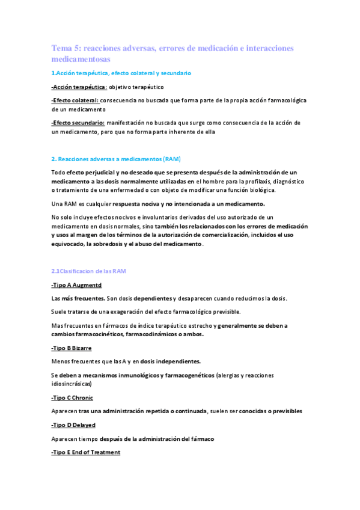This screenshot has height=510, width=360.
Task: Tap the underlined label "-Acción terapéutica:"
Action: click(x=75, y=87)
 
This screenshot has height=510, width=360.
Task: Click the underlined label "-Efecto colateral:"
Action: click(x=75, y=100)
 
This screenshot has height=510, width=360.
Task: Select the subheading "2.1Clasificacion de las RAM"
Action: click(x=88, y=271)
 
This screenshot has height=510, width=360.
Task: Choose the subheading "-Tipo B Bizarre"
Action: click(x=72, y=348)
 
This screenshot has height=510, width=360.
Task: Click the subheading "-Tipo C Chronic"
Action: click(x=72, y=398)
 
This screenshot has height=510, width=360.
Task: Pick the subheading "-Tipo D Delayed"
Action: click(x=73, y=425)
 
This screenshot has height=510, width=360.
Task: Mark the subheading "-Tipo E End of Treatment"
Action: click(x=86, y=452)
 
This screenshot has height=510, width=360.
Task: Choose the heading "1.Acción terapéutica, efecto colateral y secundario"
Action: click(x=121, y=73)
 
